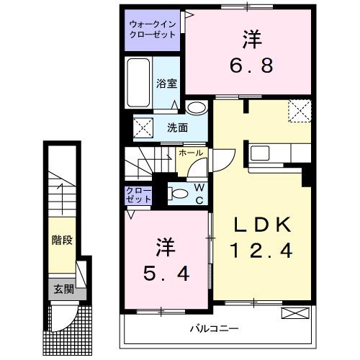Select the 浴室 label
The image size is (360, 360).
166,84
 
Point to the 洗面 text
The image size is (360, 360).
177,128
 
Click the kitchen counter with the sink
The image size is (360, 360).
278,153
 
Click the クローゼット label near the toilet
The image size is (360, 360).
138,194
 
